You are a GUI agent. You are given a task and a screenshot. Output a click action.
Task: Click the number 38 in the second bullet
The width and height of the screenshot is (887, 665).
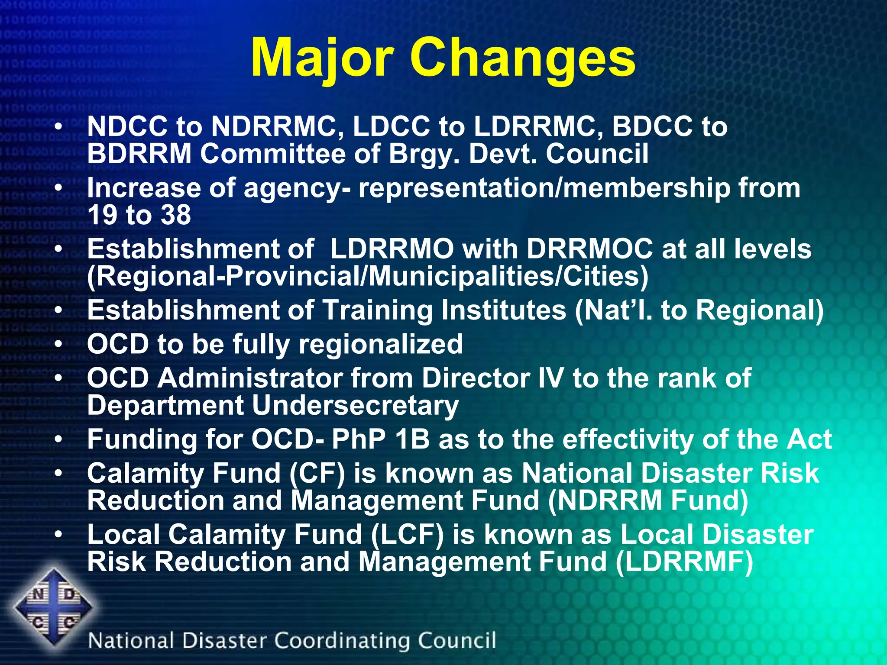(175, 215)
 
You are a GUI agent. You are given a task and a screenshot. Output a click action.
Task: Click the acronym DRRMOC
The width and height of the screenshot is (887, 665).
(589, 249)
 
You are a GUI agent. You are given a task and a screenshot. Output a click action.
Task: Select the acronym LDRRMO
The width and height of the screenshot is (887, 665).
(392, 249)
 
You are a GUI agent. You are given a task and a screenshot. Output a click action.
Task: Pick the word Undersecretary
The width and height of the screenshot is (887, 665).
(355, 406)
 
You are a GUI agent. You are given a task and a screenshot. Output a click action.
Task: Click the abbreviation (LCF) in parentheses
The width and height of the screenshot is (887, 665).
(408, 534)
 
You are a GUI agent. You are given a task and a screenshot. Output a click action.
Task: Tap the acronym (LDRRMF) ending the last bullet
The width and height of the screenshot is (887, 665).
(684, 562)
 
